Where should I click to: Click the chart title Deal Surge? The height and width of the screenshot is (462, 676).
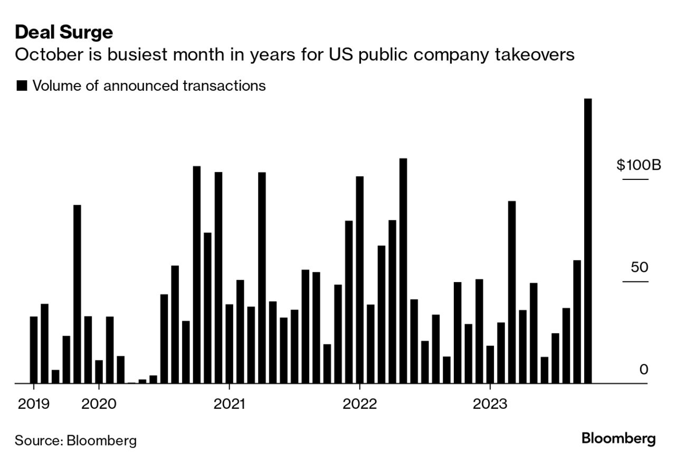point(64,33)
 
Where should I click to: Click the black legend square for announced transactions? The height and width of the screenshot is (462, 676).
point(22,86)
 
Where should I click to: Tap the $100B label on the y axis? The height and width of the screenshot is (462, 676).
point(639,165)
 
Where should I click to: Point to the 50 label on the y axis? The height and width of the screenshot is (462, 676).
point(639,267)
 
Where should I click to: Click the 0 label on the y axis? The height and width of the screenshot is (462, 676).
point(643,369)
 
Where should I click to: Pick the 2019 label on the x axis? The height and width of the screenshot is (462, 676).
point(34,404)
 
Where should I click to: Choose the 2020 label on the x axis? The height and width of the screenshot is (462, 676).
point(99,404)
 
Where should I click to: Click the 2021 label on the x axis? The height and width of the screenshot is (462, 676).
point(229,404)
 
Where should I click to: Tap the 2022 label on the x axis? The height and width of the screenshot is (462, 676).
point(359,404)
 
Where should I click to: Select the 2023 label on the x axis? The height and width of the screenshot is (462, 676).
point(490,404)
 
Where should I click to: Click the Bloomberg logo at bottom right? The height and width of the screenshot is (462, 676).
point(618,438)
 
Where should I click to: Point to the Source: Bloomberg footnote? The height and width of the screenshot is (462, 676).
point(75,440)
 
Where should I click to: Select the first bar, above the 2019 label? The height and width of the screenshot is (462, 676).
point(34,350)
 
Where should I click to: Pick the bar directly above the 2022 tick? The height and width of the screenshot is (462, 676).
point(359,280)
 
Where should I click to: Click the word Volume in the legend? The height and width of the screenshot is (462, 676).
point(56,85)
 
